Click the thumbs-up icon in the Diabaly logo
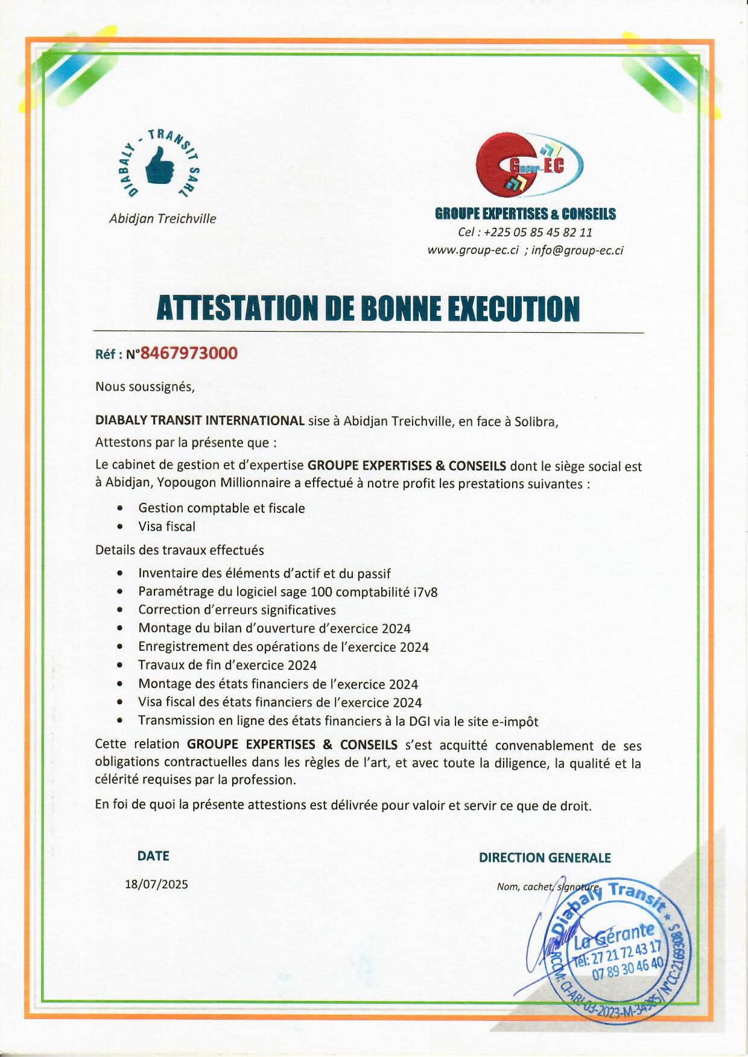coord(160,168)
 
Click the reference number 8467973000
coord(189,353)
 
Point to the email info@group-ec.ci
coord(577,250)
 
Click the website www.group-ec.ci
coord(473,250)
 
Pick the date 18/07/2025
coord(156,884)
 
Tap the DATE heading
coord(153,856)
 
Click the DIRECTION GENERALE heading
coord(545,857)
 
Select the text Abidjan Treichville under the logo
coord(162,219)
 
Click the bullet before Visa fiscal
coord(121,526)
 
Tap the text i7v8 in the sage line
coord(426,592)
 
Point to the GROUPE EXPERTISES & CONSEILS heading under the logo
coord(525,214)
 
